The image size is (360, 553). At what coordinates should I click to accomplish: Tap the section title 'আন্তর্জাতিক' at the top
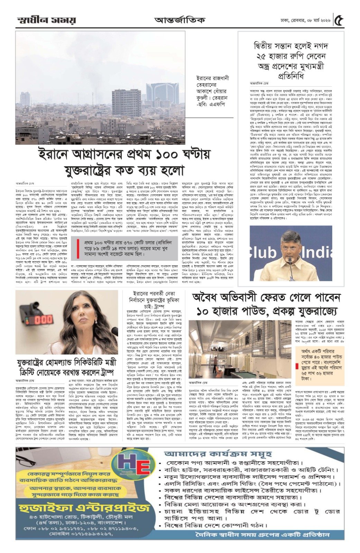(x=179, y=20)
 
